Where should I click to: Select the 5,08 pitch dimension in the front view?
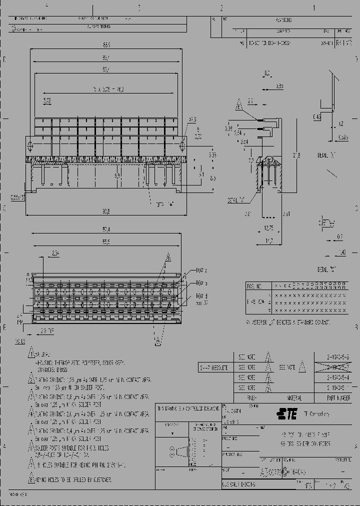point(47,100)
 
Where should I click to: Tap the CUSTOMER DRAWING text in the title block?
point(239,484)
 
